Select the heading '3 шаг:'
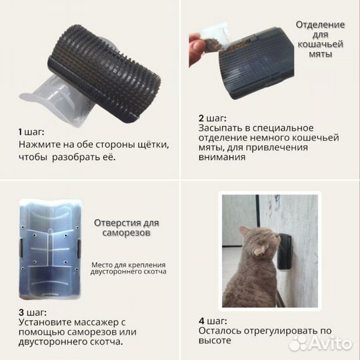click(x=32, y=312)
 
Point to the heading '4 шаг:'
click(x=212, y=318)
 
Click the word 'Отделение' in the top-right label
click(x=320, y=25)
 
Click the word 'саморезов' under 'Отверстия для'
click(x=126, y=235)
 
